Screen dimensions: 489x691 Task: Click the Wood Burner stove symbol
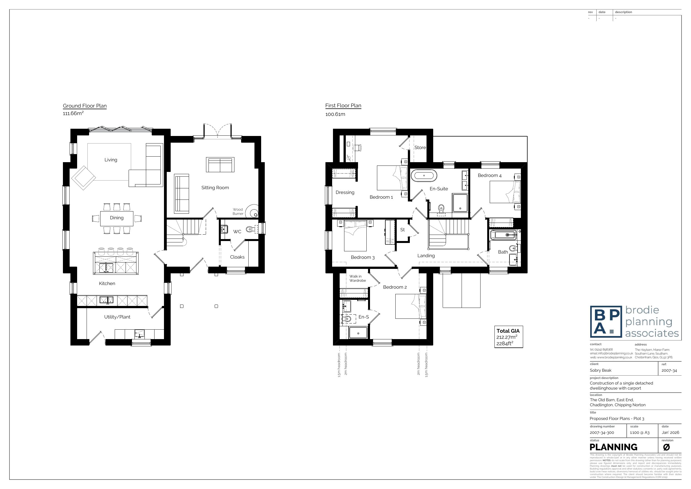click(252, 211)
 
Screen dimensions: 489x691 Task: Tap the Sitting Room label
click(215, 188)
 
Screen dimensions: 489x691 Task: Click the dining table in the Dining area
click(116, 218)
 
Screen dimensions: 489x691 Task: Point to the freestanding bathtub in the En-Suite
click(424, 176)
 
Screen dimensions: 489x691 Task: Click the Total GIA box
click(508, 337)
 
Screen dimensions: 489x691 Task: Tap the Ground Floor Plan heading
click(85, 106)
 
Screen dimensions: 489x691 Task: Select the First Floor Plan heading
click(343, 105)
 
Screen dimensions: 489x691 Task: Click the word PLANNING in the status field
click(613, 447)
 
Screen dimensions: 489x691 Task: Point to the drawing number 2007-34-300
click(602, 433)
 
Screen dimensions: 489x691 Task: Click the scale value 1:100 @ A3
click(639, 433)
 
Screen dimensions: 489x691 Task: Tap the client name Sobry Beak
click(601, 370)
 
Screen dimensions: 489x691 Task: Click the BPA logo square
click(606, 322)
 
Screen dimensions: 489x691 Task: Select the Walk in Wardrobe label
click(357, 278)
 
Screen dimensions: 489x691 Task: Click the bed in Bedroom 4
click(505, 192)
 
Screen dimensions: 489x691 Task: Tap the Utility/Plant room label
click(117, 317)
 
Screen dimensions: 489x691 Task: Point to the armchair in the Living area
click(83, 178)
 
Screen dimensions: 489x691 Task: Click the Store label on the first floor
click(420, 148)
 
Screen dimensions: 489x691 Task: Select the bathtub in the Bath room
click(503, 235)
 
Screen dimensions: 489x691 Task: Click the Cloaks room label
click(237, 257)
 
